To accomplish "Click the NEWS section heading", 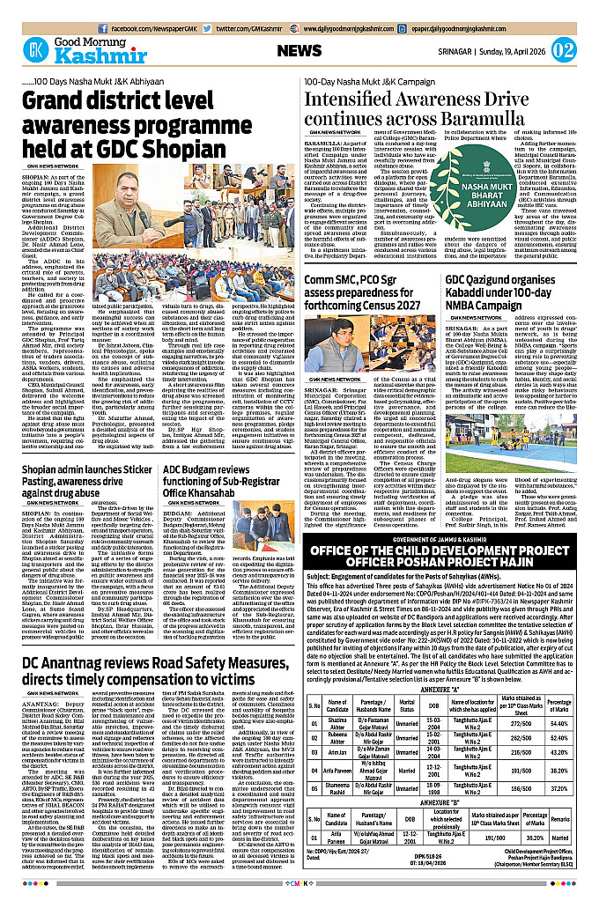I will [x=299, y=51].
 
